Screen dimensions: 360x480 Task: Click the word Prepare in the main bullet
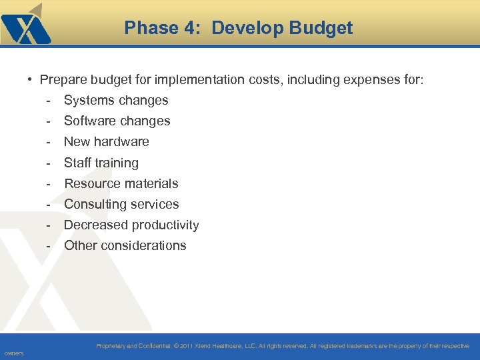click(63, 80)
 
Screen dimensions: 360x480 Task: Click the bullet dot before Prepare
click(31, 80)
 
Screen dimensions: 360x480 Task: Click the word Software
click(89, 121)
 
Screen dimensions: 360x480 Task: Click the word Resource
click(89, 183)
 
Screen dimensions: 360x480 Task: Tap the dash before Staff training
click(49, 163)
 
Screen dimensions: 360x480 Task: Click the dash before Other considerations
click(49, 245)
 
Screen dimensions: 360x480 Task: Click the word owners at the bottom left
click(13, 353)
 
